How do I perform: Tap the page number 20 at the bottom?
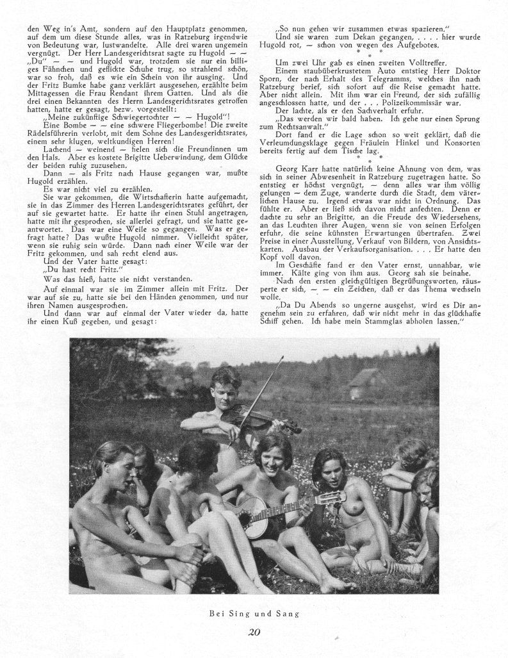click(x=253, y=633)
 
